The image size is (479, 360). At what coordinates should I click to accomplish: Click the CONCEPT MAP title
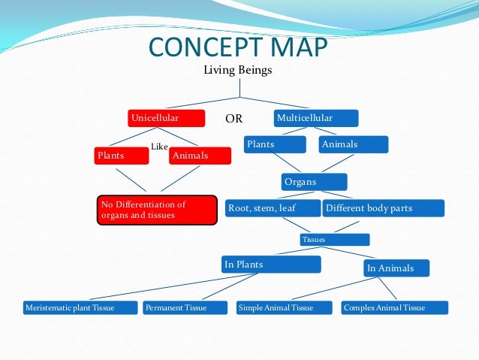tap(239, 47)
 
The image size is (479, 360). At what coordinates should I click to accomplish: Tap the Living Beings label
tap(238, 71)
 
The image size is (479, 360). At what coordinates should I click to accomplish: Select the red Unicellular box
tap(166, 119)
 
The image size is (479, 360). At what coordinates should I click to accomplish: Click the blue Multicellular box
tap(315, 119)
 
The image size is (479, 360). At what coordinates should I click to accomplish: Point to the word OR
tap(233, 119)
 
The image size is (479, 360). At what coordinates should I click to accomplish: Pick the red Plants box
tap(120, 156)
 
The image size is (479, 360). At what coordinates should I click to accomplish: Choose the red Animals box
tap(200, 156)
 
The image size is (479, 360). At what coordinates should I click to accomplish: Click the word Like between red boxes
tap(159, 147)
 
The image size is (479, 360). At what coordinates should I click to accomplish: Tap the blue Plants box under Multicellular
tap(275, 144)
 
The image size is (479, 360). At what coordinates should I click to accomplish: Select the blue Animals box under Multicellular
tap(353, 144)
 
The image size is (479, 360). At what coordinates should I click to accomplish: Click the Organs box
tap(315, 182)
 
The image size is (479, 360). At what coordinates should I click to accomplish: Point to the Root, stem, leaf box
tap(273, 207)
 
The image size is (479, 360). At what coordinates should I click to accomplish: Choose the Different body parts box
tap(383, 207)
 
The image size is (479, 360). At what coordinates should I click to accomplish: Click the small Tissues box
tap(334, 240)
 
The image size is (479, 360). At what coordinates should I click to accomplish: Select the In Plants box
tap(271, 265)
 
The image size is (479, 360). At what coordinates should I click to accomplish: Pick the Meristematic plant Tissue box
tap(80, 308)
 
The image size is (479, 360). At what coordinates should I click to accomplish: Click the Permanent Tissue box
tap(185, 308)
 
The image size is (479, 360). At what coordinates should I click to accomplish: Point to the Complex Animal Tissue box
tap(394, 308)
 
